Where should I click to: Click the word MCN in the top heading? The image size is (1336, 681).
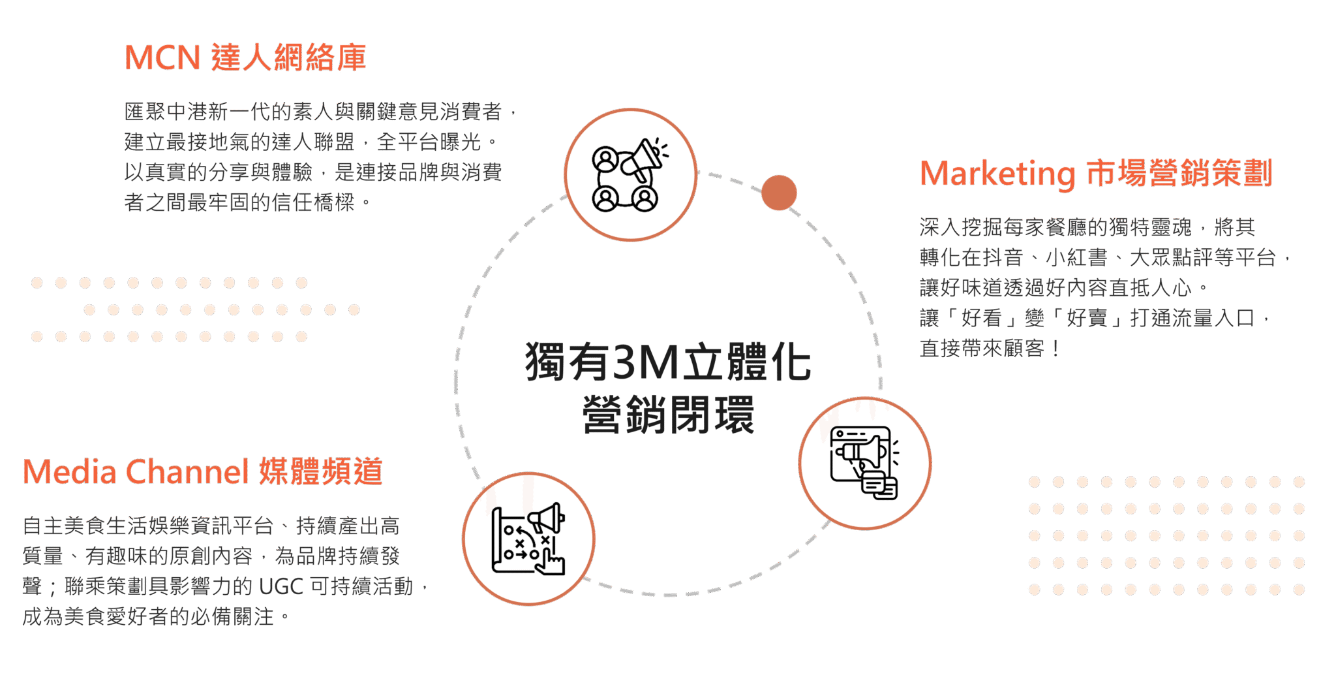(162, 57)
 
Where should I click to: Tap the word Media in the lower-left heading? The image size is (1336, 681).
(70, 471)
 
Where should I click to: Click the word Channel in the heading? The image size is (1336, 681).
(187, 471)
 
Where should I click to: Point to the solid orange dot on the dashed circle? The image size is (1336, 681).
(779, 193)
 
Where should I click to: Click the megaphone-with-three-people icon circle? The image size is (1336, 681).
(630, 175)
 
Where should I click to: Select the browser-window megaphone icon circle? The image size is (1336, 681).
(865, 463)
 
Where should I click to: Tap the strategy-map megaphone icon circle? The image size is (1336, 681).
(529, 539)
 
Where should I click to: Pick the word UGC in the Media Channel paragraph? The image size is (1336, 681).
(281, 586)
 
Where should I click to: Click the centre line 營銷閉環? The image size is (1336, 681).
(668, 415)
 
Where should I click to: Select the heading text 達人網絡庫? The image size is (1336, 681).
(288, 57)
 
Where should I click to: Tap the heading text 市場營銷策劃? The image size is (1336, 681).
(1179, 174)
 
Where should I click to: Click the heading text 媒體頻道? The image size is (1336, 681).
(320, 471)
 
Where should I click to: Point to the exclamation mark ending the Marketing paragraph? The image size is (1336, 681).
(1055, 349)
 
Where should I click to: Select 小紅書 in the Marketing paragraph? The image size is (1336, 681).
(1076, 258)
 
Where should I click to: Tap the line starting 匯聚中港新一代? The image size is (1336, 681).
(320, 112)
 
